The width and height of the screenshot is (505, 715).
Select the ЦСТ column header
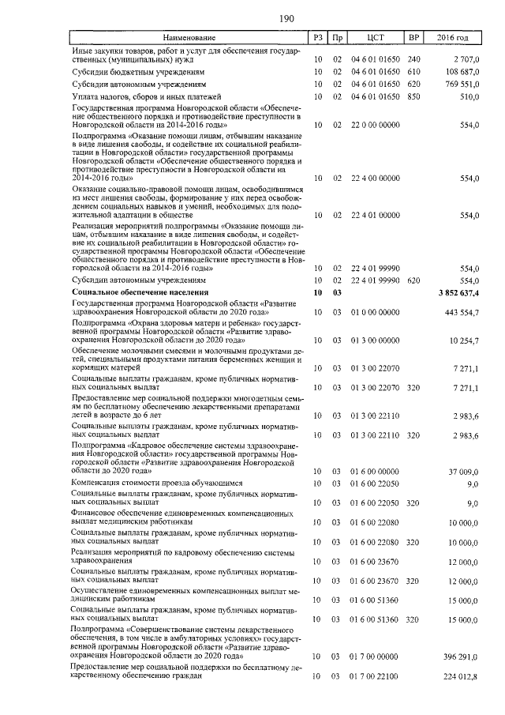[x=375, y=38]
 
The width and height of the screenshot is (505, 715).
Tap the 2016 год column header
[x=453, y=38]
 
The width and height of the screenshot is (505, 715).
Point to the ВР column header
[x=413, y=38]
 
